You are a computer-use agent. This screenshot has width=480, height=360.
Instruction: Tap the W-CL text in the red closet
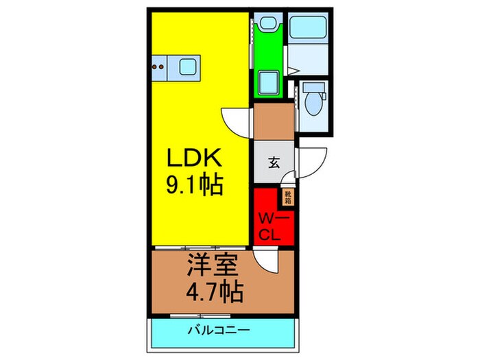(x=274, y=227)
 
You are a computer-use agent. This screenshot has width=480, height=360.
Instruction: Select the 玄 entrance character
(x=274, y=163)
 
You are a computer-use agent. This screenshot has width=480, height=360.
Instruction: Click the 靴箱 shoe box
(x=289, y=197)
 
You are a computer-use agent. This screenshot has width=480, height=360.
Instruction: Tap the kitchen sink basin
(x=189, y=67)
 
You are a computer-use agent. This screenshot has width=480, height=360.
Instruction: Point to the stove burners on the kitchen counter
(x=158, y=67)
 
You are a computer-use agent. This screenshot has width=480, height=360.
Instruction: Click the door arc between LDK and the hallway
(x=237, y=123)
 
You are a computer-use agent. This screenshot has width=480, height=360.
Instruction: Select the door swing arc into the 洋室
(x=265, y=261)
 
